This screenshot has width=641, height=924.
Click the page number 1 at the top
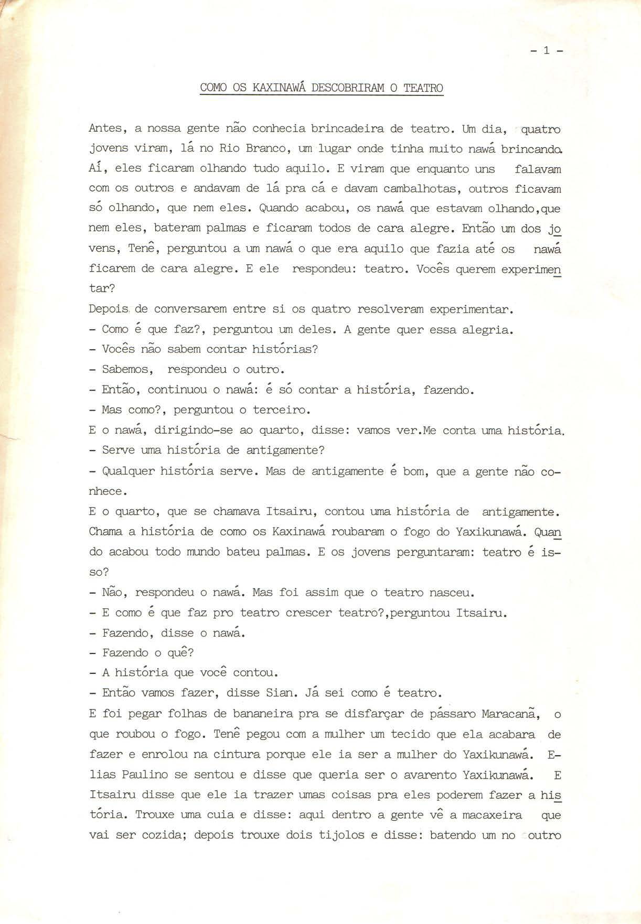pyautogui.click(x=546, y=51)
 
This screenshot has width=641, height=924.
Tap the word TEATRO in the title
pyautogui.click(x=423, y=88)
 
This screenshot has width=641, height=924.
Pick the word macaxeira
pyautogui.click(x=485, y=815)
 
